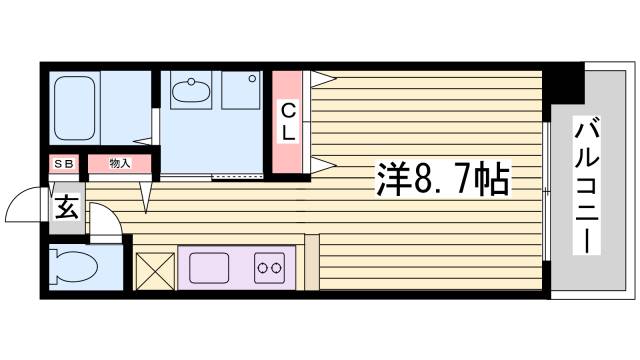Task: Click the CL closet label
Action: (x=287, y=119)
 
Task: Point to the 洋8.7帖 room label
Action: (x=442, y=181)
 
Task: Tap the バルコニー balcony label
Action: (x=587, y=185)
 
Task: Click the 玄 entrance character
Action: (x=65, y=208)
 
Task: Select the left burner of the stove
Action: (x=262, y=268)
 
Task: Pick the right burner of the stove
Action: (x=277, y=268)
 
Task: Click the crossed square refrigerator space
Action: (x=154, y=268)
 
